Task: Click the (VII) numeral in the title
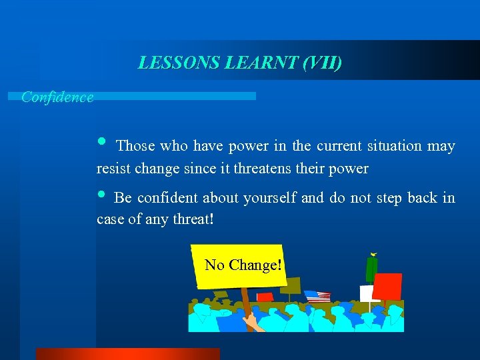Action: (322, 63)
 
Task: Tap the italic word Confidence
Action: (57, 97)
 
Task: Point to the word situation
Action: (392, 146)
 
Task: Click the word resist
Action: (114, 169)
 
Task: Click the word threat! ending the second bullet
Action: (191, 219)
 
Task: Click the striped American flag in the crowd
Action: (318, 297)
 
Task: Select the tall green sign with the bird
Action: (371, 269)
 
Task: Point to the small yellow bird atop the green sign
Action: (373, 254)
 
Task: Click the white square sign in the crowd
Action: (366, 293)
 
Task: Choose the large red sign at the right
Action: (387, 286)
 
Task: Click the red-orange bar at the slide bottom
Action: (127, 353)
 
